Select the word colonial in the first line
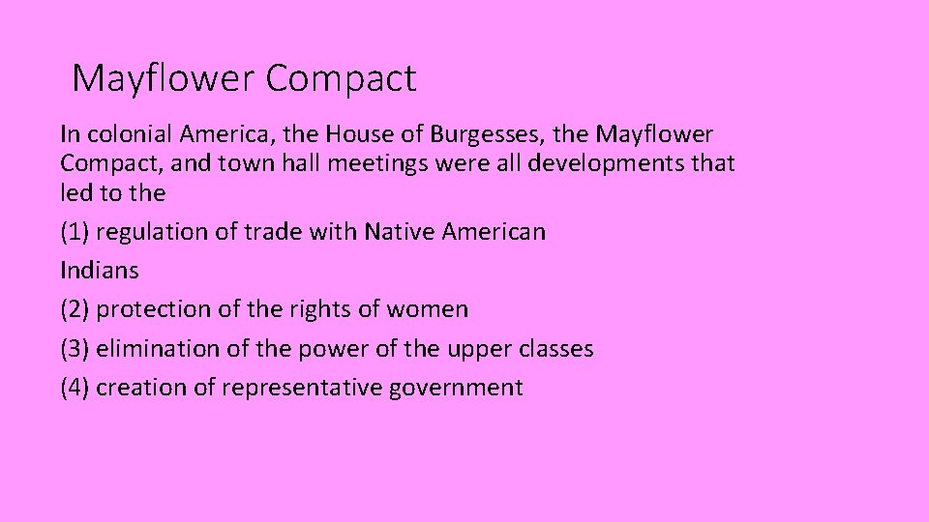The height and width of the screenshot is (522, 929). pos(125,133)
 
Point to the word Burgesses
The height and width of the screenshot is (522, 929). pos(494,133)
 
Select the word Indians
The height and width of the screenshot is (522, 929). pos(100,271)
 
